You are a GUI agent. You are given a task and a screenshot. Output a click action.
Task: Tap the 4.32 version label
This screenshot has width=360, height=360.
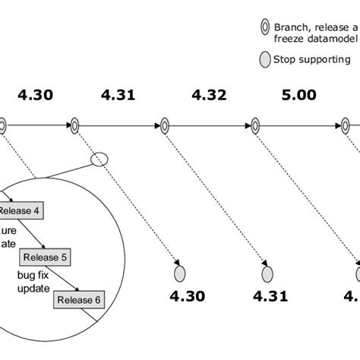[x=209, y=96]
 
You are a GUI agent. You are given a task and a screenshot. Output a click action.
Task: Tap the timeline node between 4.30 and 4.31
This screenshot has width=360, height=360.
[x=74, y=125]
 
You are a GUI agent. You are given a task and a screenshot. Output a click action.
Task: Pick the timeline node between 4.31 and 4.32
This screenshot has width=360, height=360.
[x=164, y=125]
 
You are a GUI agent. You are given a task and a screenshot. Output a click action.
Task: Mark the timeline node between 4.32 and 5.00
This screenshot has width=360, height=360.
[x=255, y=125]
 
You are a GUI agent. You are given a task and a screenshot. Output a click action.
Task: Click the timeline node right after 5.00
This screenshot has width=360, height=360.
[x=346, y=125]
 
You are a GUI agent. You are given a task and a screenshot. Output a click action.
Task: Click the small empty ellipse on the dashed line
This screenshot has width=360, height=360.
[x=99, y=159]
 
